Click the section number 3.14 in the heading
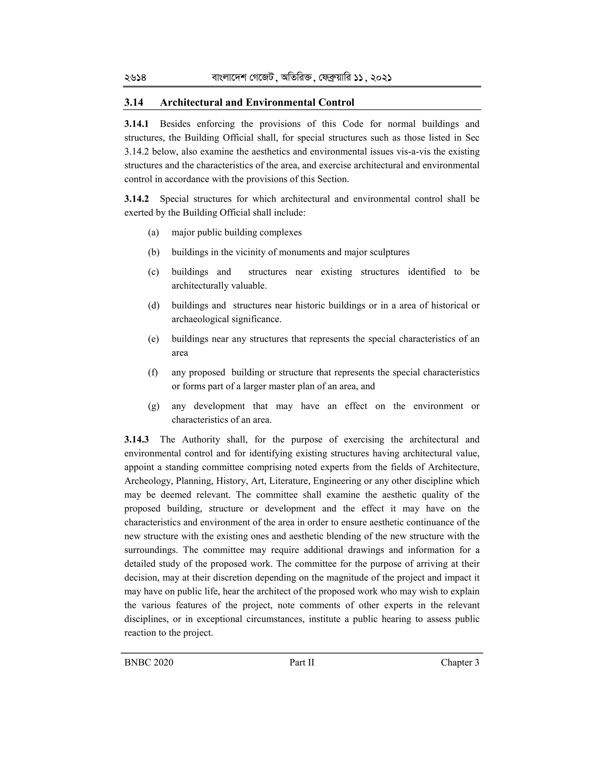click(x=134, y=103)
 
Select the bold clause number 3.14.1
click(x=136, y=124)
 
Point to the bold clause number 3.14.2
click(x=136, y=199)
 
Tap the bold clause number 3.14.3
click(x=136, y=439)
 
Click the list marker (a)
click(x=153, y=233)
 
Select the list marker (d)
click(x=153, y=306)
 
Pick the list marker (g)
click(x=153, y=406)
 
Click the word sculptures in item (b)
click(x=389, y=253)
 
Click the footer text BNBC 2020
click(x=149, y=663)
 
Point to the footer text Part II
click(x=302, y=663)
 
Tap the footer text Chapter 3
click(x=459, y=663)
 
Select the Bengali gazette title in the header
click(x=301, y=78)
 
